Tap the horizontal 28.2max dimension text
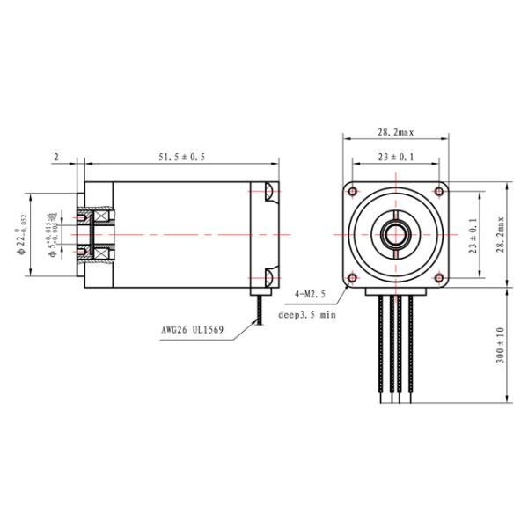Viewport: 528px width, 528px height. (x=395, y=131)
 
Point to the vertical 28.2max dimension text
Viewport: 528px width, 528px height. (x=500, y=235)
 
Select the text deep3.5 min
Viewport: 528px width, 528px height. (x=308, y=313)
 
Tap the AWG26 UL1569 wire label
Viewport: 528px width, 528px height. (x=193, y=332)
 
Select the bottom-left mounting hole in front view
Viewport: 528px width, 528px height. (x=353, y=278)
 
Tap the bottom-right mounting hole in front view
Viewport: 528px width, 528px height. (x=439, y=278)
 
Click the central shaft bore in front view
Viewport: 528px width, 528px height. (x=396, y=235)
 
